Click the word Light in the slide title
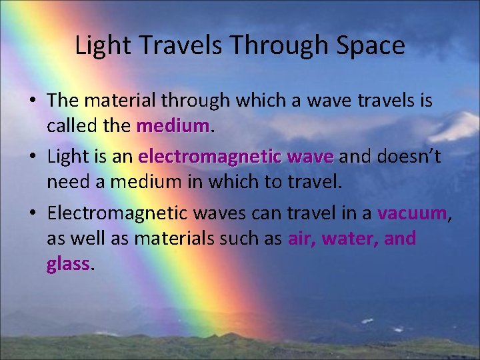[x=96, y=46]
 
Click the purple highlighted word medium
[x=173, y=125]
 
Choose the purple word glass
[x=68, y=264]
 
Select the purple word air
[x=302, y=239]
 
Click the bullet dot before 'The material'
[x=32, y=101]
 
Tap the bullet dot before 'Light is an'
[x=32, y=158]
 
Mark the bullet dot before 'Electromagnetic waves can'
[x=32, y=214]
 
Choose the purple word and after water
[x=401, y=239]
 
